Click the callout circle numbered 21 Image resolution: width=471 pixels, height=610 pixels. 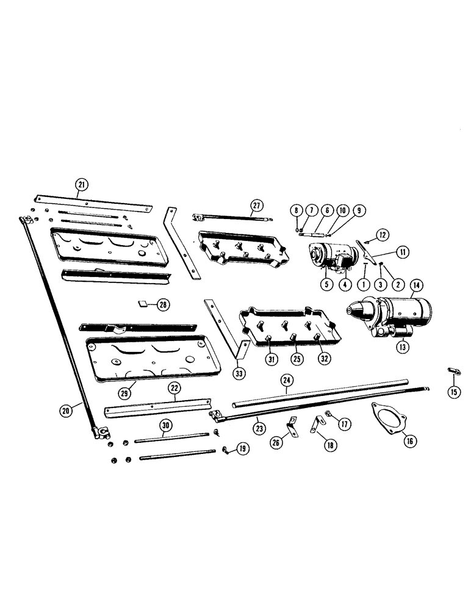pos(81,184)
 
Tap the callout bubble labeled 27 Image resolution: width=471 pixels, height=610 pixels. pos(256,205)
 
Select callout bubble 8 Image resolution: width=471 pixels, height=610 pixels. pos(297,210)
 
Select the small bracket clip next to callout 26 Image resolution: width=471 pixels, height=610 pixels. pos(292,421)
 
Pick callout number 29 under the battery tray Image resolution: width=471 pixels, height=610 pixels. pos(124,393)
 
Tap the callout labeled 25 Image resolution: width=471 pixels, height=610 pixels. pos(296,359)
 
